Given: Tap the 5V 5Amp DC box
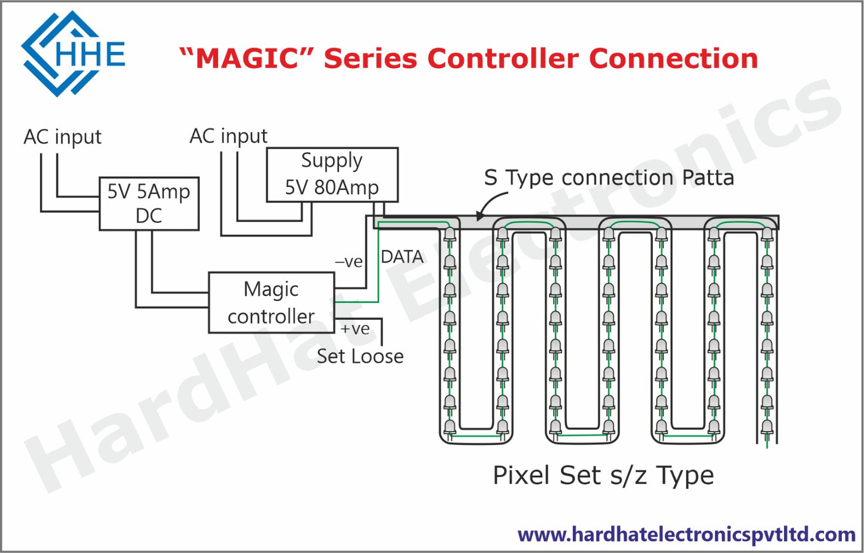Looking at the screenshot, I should (x=149, y=203).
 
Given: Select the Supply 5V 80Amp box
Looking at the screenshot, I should (x=332, y=174).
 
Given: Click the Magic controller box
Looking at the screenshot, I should (x=271, y=303).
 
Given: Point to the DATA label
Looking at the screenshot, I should (x=402, y=257).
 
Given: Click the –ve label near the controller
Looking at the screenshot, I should (x=349, y=262).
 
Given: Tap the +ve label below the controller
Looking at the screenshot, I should (x=355, y=329).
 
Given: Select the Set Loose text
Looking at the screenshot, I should (x=360, y=356).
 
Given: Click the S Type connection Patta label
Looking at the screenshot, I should (x=609, y=178).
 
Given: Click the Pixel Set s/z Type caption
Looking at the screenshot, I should (x=603, y=476).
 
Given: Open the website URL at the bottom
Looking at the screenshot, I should (x=686, y=534).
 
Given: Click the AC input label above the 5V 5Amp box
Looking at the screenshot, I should (x=62, y=137).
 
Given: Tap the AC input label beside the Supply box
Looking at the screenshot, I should (x=228, y=136).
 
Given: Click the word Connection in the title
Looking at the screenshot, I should (x=673, y=59).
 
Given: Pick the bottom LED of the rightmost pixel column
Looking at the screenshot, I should (x=767, y=427).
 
